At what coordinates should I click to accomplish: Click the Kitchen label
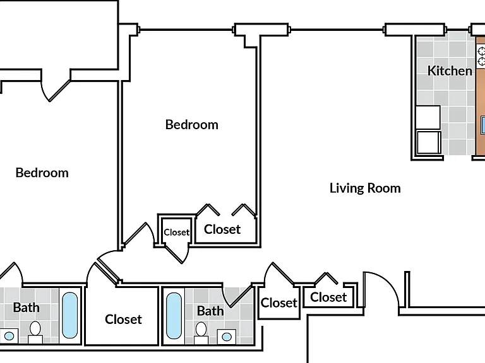(x=450, y=71)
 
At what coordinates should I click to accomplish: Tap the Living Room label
(x=365, y=188)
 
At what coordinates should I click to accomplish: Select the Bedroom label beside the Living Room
(x=192, y=125)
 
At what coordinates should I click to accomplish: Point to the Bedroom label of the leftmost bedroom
(x=42, y=173)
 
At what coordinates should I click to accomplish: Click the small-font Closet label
(x=176, y=232)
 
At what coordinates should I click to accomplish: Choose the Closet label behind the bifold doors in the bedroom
(x=222, y=229)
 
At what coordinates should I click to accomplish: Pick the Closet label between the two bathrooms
(x=123, y=319)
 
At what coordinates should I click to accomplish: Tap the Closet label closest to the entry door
(x=328, y=297)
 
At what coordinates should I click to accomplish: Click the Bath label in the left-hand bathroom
(x=27, y=308)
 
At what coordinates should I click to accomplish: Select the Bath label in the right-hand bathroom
(x=210, y=311)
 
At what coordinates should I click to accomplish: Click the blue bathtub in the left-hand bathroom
(x=70, y=315)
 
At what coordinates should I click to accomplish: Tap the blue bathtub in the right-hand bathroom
(x=174, y=316)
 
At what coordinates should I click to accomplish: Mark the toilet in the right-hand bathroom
(x=201, y=333)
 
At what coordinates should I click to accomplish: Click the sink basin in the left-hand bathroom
(x=9, y=336)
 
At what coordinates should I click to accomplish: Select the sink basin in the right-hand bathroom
(x=227, y=337)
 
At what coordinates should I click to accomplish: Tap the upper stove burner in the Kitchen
(x=482, y=51)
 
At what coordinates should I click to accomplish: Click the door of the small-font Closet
(x=174, y=254)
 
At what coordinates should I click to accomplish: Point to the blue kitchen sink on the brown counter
(x=483, y=125)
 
